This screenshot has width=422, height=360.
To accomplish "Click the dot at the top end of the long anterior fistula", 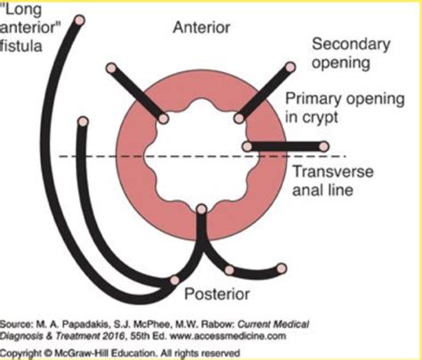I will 79,20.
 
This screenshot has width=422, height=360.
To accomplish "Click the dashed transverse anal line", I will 107,158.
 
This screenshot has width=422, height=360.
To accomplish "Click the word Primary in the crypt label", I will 307,98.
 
